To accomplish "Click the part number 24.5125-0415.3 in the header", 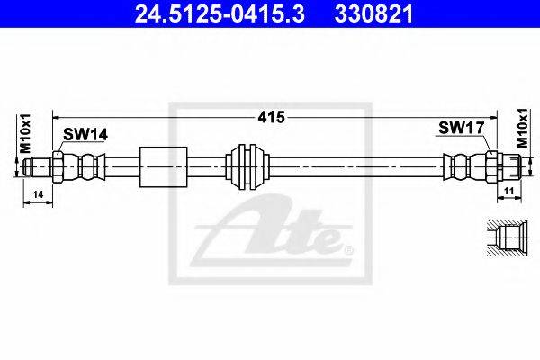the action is (x=220, y=14).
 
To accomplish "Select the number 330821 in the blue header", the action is (x=373, y=14).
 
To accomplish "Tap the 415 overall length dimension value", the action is (x=272, y=118).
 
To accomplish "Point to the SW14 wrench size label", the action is (x=85, y=134).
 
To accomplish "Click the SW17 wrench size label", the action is (x=462, y=128).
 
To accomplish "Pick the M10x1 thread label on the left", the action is (x=26, y=134).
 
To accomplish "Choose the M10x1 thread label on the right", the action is (x=523, y=128).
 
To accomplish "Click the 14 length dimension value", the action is (x=38, y=195).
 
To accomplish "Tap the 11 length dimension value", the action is (x=509, y=191).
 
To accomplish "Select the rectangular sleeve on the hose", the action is (x=164, y=167).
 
